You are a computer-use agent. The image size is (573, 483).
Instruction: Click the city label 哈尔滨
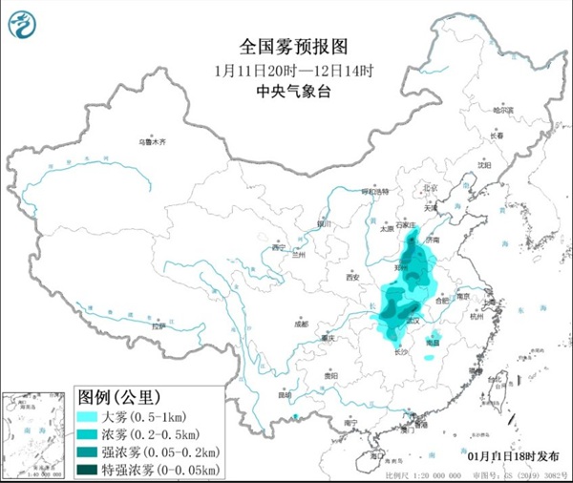503,111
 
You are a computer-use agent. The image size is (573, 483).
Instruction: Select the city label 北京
430,187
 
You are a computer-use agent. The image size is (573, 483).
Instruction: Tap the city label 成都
303,324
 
